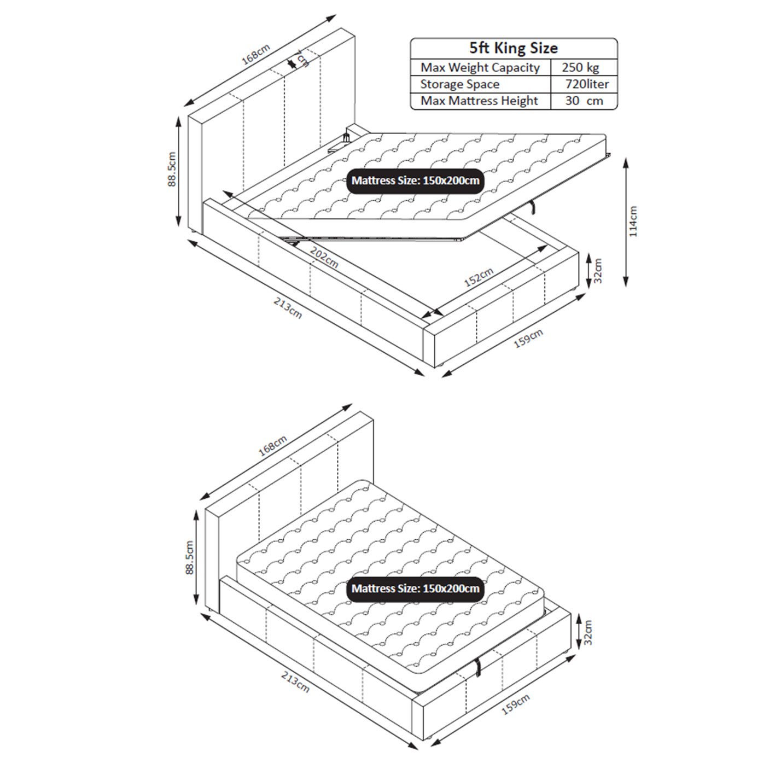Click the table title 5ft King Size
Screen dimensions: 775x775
[x=513, y=48]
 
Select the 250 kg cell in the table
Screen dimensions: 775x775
[x=580, y=68]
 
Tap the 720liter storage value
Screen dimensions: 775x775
[x=586, y=84]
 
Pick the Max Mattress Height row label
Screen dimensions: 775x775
[x=479, y=101]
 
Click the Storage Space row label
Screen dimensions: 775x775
[x=459, y=84]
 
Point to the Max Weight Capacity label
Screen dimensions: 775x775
[x=480, y=68]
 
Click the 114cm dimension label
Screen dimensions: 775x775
[x=633, y=222]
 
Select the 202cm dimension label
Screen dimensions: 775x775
[x=324, y=257]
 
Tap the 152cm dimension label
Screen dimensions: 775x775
[x=479, y=277]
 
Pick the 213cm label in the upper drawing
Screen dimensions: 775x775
[x=288, y=308]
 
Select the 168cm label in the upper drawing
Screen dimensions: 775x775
[x=256, y=54]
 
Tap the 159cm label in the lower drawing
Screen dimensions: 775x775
[x=515, y=705]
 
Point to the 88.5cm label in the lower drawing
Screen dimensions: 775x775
[x=190, y=557]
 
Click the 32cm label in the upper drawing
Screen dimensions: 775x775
[x=598, y=271]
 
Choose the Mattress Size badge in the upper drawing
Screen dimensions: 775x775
[x=415, y=181]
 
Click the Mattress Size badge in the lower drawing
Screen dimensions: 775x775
[x=415, y=589]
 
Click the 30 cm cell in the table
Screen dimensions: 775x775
[x=584, y=101]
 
